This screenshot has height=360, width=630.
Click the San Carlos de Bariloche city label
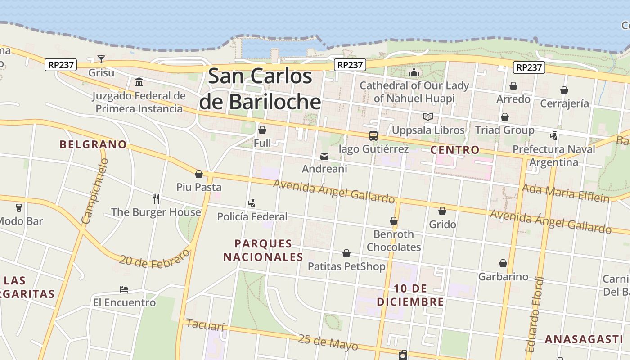[260, 89]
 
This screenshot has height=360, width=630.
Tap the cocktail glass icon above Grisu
[101, 59]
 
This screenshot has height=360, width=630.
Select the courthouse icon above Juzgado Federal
[139, 82]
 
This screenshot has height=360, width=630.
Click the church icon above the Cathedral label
[414, 72]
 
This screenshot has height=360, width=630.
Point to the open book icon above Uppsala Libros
[427, 117]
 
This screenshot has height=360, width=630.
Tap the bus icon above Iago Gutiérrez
[373, 135]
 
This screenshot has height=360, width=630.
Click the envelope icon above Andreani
[324, 156]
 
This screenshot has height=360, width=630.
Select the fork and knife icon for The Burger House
[156, 198]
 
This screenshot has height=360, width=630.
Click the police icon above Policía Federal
[252, 203]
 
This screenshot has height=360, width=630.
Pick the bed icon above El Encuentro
[124, 289]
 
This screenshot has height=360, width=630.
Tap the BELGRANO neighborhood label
[93, 144]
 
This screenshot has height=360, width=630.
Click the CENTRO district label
[454, 150]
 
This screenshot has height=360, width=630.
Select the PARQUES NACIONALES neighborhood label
[263, 251]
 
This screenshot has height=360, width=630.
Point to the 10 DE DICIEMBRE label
[410, 295]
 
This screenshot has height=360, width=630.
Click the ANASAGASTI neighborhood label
[584, 339]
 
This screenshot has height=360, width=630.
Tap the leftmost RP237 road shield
[61, 65]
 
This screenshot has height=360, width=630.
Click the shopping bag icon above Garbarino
[503, 263]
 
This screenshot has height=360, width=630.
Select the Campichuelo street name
[95, 191]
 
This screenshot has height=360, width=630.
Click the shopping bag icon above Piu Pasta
[198, 174]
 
